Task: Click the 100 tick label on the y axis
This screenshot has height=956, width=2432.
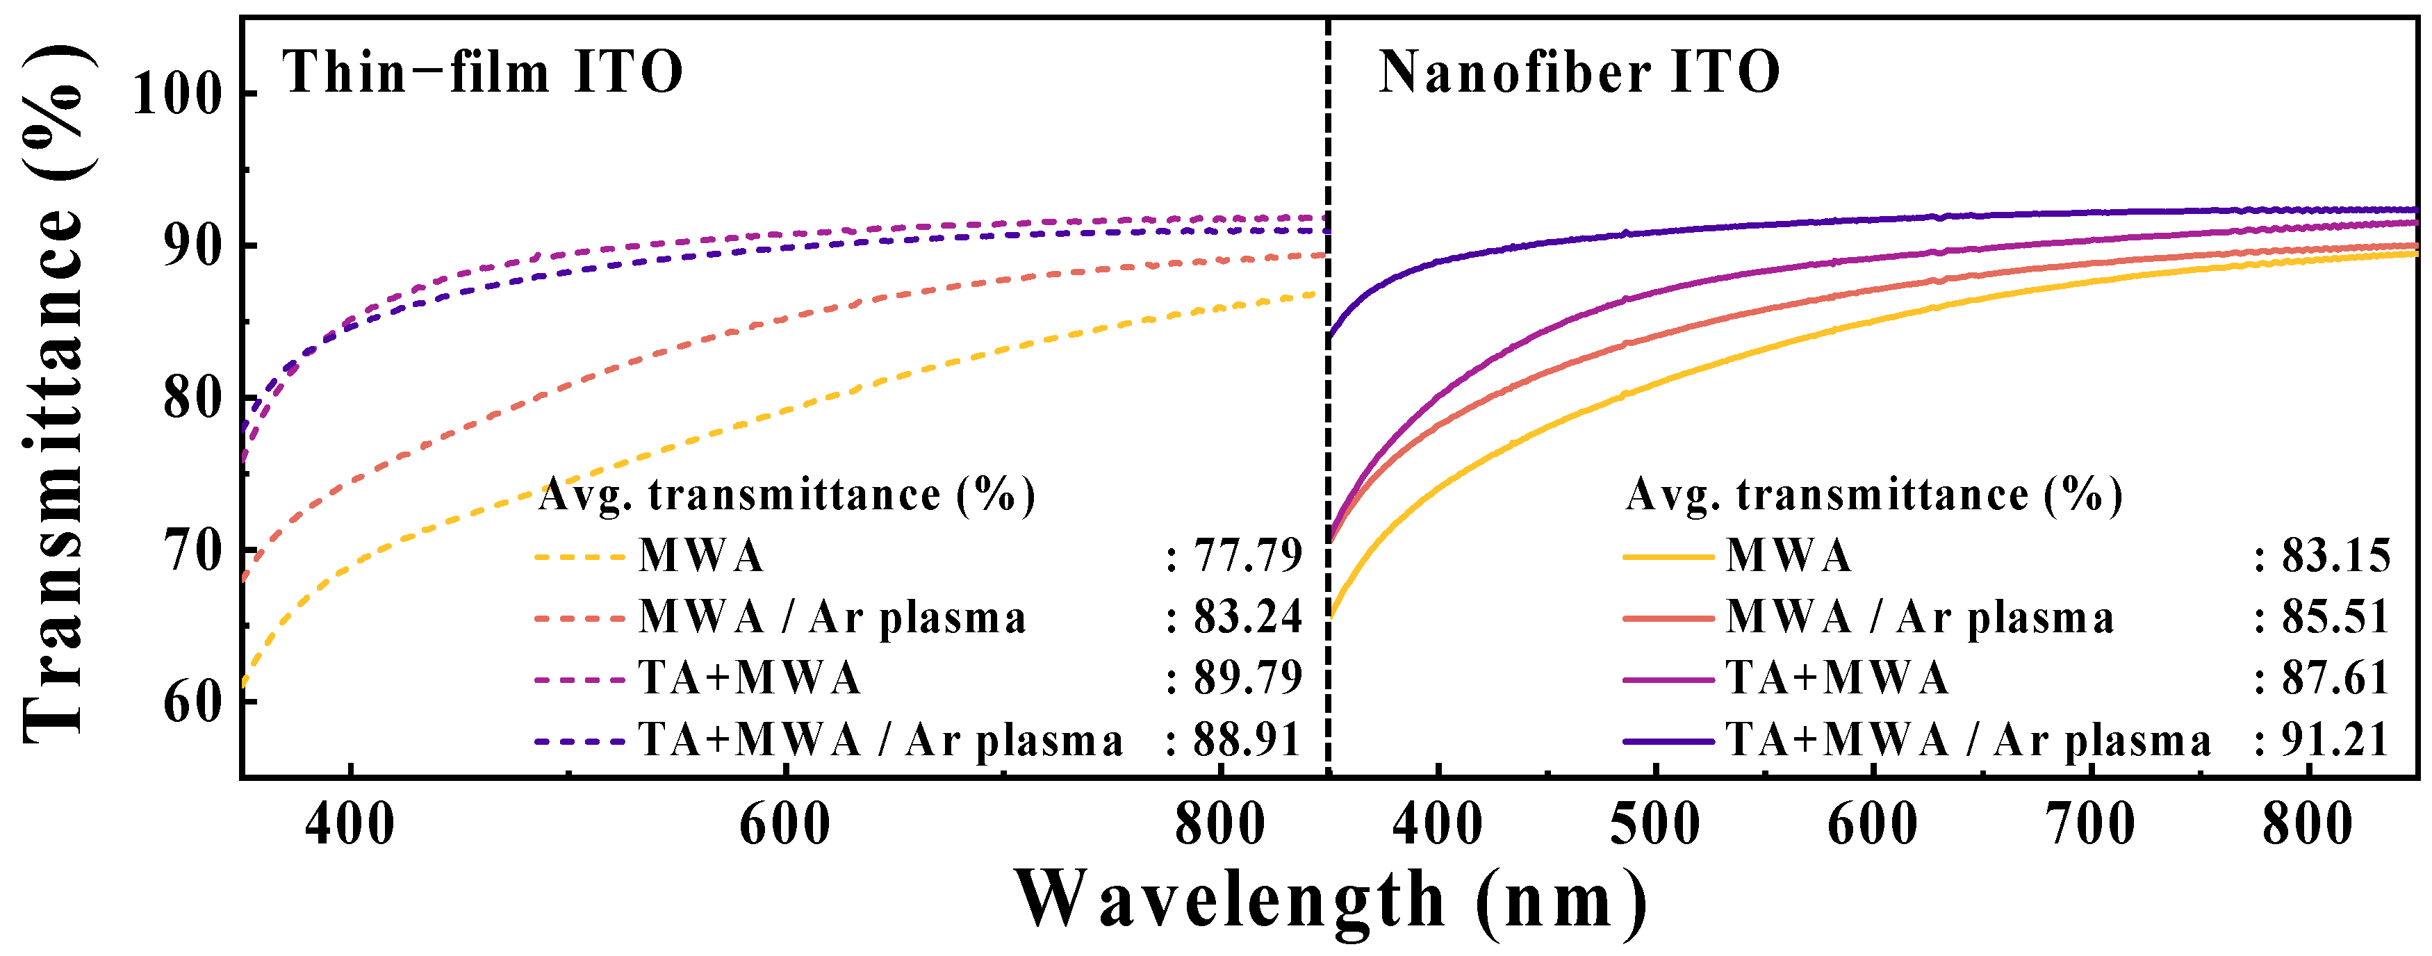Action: coord(176,94)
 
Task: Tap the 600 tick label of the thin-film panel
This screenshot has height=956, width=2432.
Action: coord(784,824)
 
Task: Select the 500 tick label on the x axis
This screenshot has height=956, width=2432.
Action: coord(1655,824)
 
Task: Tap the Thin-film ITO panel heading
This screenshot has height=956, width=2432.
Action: coord(482,73)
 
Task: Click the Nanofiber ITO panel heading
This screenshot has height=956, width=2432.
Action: coord(1579,73)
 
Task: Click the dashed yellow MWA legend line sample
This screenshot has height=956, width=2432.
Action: coord(580,557)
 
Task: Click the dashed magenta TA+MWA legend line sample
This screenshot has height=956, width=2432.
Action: coord(580,679)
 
